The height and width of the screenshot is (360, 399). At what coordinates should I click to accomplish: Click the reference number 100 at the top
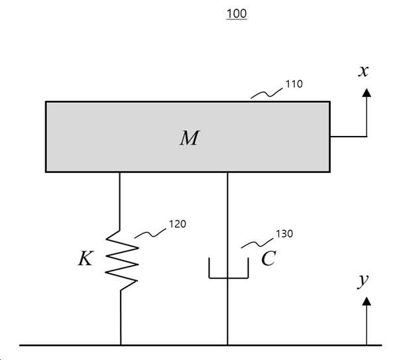point(237,14)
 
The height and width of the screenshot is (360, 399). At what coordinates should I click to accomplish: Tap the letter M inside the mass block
point(190,138)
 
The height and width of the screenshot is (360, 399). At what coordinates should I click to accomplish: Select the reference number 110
point(294,84)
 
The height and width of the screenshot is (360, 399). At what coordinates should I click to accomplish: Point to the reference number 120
point(178,224)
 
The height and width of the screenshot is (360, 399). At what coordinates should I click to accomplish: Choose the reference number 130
point(284,234)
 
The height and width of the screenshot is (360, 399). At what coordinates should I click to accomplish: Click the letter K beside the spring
point(85,258)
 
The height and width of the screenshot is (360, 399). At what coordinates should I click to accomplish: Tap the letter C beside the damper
point(268,259)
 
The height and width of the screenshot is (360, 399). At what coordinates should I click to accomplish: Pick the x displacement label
point(363,71)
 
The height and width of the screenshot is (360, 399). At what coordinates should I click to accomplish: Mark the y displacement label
point(363,282)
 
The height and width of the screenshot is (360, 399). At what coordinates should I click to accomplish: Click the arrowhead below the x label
point(367,93)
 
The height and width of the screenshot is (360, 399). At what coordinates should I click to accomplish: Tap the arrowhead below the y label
point(367,301)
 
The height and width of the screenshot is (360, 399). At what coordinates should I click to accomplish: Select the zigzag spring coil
point(122,261)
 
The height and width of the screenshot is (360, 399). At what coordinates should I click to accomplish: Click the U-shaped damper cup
point(228,278)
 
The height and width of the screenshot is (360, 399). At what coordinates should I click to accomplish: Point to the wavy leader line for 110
point(266,93)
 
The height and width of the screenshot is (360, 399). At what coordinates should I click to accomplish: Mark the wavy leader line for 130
point(257,243)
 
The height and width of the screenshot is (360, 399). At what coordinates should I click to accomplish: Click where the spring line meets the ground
point(121,345)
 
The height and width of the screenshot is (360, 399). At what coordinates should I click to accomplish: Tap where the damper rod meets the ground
point(227,345)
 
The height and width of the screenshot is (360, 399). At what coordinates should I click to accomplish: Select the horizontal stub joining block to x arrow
point(349,137)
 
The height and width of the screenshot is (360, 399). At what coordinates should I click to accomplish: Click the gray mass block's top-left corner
point(46,102)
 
